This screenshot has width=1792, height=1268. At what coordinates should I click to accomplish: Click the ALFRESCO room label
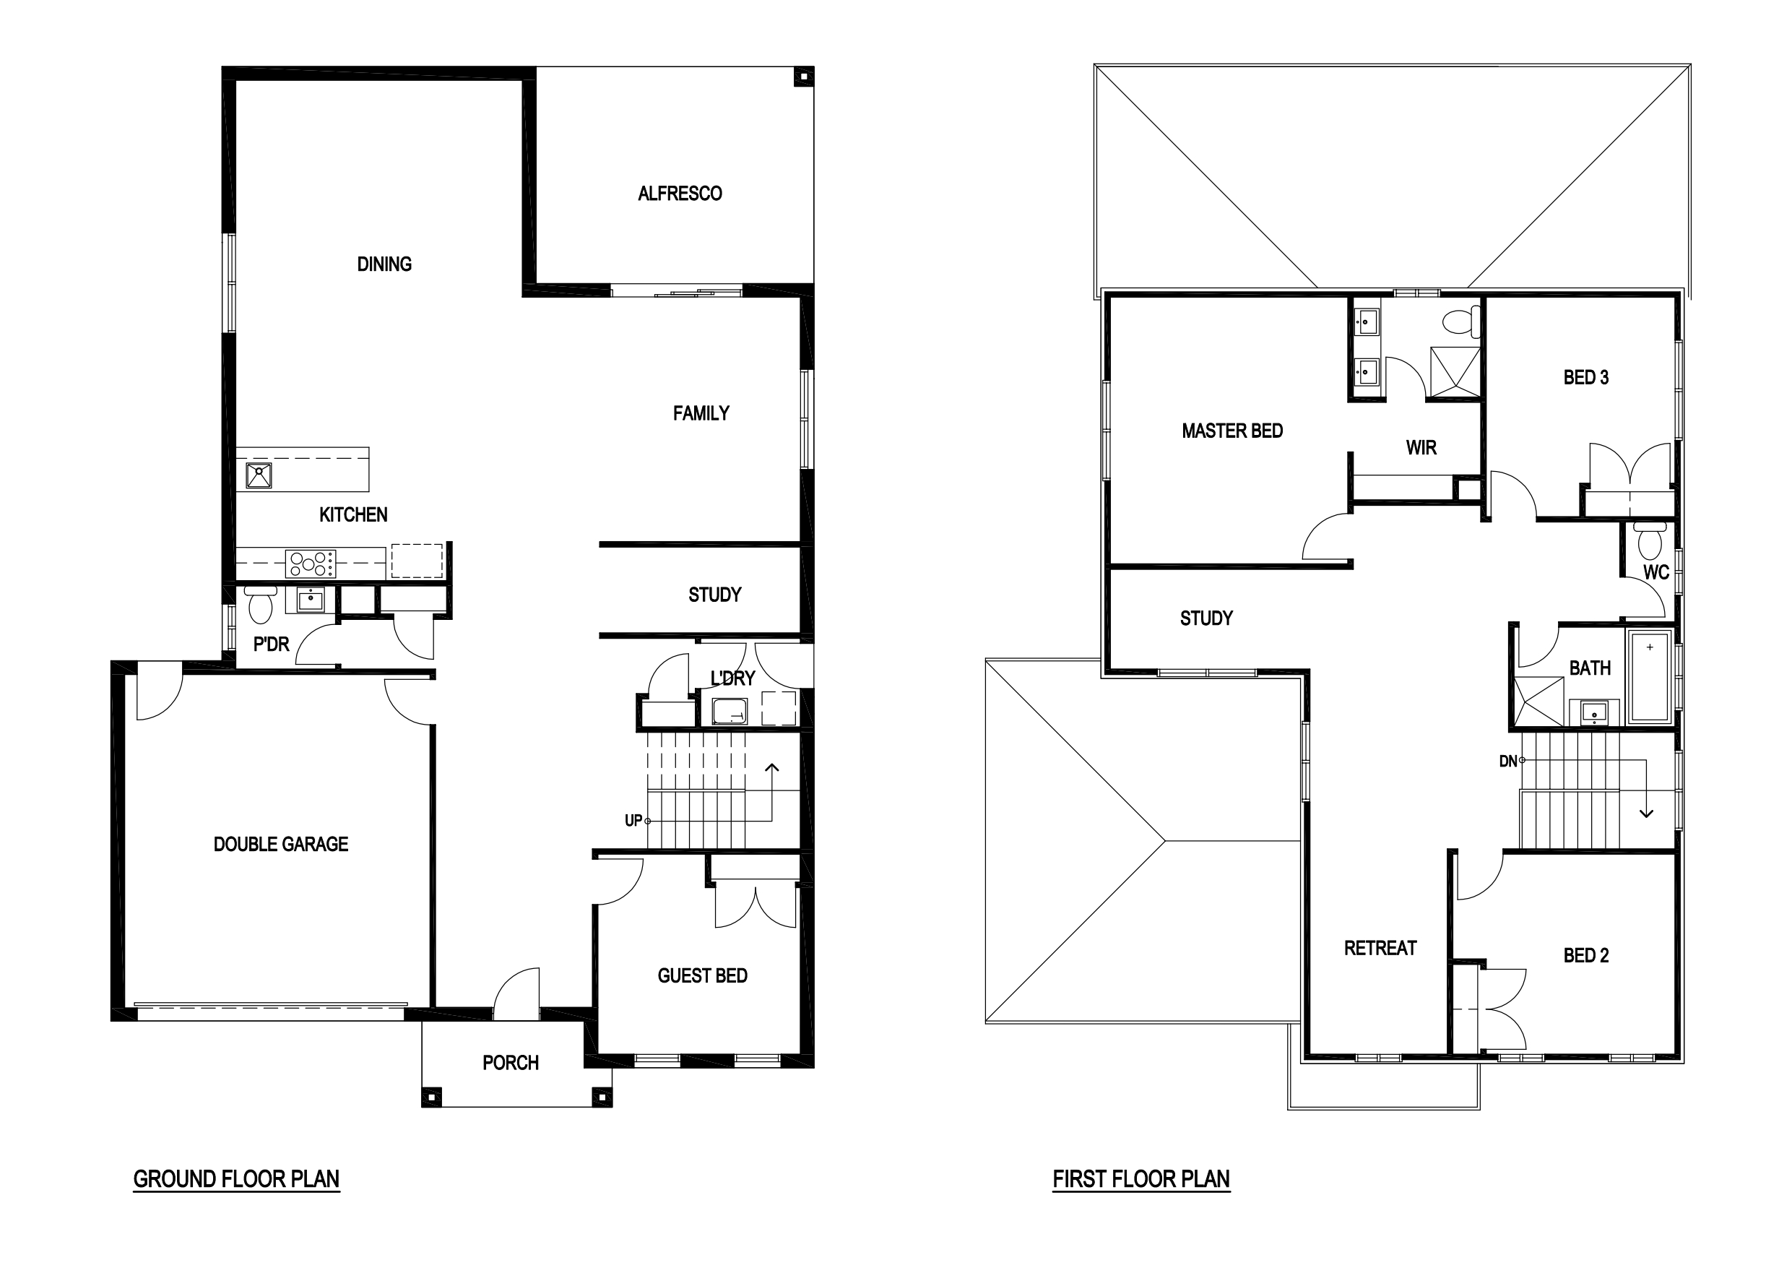tap(680, 194)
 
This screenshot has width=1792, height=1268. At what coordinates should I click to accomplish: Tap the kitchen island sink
tap(259, 475)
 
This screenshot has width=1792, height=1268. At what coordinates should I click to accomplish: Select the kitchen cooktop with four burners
tap(311, 563)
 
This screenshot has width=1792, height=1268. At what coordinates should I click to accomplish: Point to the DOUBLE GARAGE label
tap(281, 844)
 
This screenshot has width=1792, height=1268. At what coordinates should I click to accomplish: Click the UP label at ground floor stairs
tap(633, 821)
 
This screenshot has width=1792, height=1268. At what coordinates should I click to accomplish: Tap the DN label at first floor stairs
tap(1508, 762)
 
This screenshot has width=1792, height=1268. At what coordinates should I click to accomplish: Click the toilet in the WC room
tap(1650, 538)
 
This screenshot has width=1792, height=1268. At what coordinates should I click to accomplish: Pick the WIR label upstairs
tap(1421, 447)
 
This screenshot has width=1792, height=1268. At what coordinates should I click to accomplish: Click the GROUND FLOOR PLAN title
tap(236, 1179)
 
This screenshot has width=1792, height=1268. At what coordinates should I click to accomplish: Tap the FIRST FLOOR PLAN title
tap(1141, 1179)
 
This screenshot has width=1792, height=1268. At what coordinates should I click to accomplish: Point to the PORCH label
tap(511, 1063)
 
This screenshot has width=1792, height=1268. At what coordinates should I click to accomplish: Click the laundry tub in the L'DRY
tap(730, 711)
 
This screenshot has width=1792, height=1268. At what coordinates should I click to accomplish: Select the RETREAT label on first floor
tap(1380, 948)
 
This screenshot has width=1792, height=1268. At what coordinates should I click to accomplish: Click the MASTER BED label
tap(1232, 431)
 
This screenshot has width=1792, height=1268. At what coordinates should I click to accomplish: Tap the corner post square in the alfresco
tap(803, 77)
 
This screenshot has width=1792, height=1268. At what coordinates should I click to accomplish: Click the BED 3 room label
tap(1586, 377)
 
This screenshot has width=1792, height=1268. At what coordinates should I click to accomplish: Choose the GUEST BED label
tap(703, 975)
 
